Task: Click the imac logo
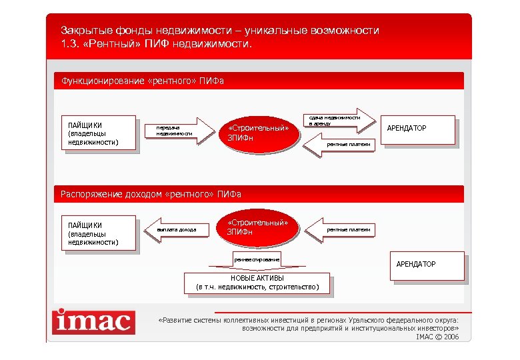tap(93, 322)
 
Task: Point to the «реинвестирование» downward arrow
tap(256, 259)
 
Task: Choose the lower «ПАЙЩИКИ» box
tap(98, 233)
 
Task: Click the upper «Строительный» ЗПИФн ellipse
tap(258, 132)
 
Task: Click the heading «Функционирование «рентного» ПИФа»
tap(143, 81)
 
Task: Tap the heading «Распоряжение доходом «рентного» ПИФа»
tap(151, 194)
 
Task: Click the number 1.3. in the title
tap(71, 45)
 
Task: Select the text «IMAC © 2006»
tap(437, 337)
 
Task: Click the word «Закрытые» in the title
tap(83, 31)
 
